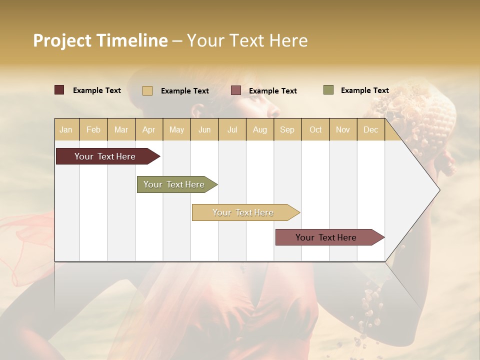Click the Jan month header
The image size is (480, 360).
[x=66, y=130]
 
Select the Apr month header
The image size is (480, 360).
[x=148, y=130]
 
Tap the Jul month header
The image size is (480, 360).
[x=232, y=130]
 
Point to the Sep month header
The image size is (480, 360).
[x=287, y=130]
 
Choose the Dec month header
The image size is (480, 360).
[x=370, y=130]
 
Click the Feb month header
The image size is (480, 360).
[x=93, y=130]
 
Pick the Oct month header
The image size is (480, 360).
[x=315, y=130]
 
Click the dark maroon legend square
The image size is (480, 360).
[x=59, y=90]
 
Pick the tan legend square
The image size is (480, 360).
[x=147, y=90]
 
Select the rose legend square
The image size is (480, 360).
[x=236, y=90]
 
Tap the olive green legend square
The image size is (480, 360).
[x=328, y=90]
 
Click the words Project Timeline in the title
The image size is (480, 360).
[x=100, y=40]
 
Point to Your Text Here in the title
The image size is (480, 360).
[x=247, y=40]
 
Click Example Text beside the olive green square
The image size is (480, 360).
[x=364, y=90]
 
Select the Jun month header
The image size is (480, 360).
[x=204, y=130]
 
